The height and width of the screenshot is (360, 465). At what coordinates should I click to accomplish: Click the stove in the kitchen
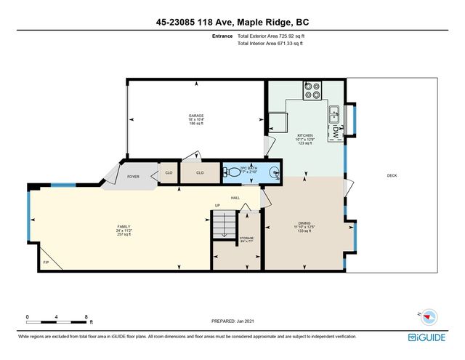pyautogui.click(x=313, y=91)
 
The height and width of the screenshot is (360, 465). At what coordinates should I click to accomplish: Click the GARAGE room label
pyautogui.click(x=195, y=116)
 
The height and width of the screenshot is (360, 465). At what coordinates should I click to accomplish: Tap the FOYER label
pyautogui.click(x=134, y=176)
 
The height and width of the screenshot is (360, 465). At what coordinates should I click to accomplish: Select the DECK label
pyautogui.click(x=392, y=176)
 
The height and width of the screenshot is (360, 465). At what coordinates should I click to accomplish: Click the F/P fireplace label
pyautogui.click(x=45, y=262)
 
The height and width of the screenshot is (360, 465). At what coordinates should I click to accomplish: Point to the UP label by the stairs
pyautogui.click(x=217, y=205)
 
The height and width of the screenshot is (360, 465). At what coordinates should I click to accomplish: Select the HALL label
pyautogui.click(x=235, y=197)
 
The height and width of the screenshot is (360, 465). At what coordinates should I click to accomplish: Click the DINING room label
pyautogui.click(x=305, y=224)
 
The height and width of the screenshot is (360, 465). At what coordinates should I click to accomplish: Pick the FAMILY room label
pyautogui.click(x=124, y=227)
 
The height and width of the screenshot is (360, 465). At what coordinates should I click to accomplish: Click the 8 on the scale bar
pyautogui.click(x=86, y=317)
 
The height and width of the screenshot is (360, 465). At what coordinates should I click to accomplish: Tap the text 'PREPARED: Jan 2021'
pyautogui.click(x=233, y=321)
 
